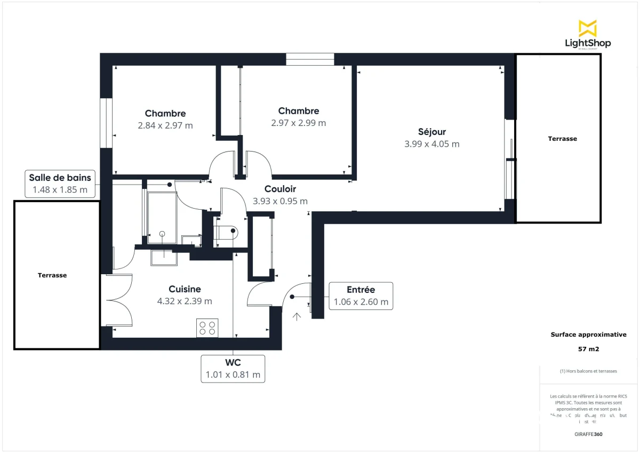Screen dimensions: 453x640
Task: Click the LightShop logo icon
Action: [x=588, y=28]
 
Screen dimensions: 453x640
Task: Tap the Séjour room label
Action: [x=432, y=132]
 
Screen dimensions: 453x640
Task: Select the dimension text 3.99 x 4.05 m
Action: [x=432, y=144]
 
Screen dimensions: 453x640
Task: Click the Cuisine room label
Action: [x=185, y=289]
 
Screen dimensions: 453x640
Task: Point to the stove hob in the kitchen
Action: [x=207, y=328]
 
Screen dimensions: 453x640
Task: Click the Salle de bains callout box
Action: [x=60, y=184]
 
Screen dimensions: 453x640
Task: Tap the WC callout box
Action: [x=233, y=369]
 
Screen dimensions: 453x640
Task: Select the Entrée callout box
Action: [x=361, y=296]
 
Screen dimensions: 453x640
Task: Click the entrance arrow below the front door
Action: [x=297, y=316]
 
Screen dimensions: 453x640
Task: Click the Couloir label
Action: [x=280, y=189]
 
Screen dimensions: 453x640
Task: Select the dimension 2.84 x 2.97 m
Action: [x=165, y=126]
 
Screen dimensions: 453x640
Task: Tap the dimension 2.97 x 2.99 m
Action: [x=299, y=123]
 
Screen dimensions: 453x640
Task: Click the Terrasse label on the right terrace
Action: [x=562, y=139]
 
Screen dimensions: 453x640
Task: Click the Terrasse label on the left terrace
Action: [x=52, y=275]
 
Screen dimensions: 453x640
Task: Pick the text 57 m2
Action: [x=588, y=350]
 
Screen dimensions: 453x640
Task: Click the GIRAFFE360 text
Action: [x=588, y=434]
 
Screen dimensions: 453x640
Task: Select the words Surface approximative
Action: [x=588, y=335]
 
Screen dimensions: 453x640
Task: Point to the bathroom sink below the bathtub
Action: [x=164, y=257]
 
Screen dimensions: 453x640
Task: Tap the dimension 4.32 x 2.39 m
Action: [x=185, y=301]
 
